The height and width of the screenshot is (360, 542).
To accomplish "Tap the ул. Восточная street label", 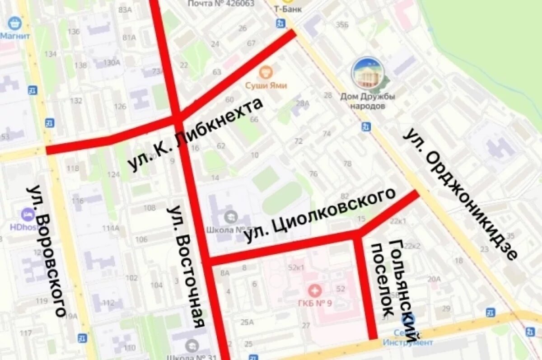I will click(x=186, y=266).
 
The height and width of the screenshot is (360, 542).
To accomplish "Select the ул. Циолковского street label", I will click(x=320, y=215).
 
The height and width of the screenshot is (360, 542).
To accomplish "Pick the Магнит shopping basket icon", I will click(x=15, y=23).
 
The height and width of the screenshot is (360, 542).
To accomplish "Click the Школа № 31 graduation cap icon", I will click(x=192, y=346).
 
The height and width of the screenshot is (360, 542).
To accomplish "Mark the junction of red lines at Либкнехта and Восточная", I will click(x=177, y=118).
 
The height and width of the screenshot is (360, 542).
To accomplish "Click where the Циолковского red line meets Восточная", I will click(x=209, y=261).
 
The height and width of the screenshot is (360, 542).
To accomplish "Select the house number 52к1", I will click(x=296, y=267).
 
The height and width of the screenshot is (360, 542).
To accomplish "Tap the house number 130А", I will click(x=111, y=63).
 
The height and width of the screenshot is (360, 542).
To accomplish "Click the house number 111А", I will click(x=110, y=228).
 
